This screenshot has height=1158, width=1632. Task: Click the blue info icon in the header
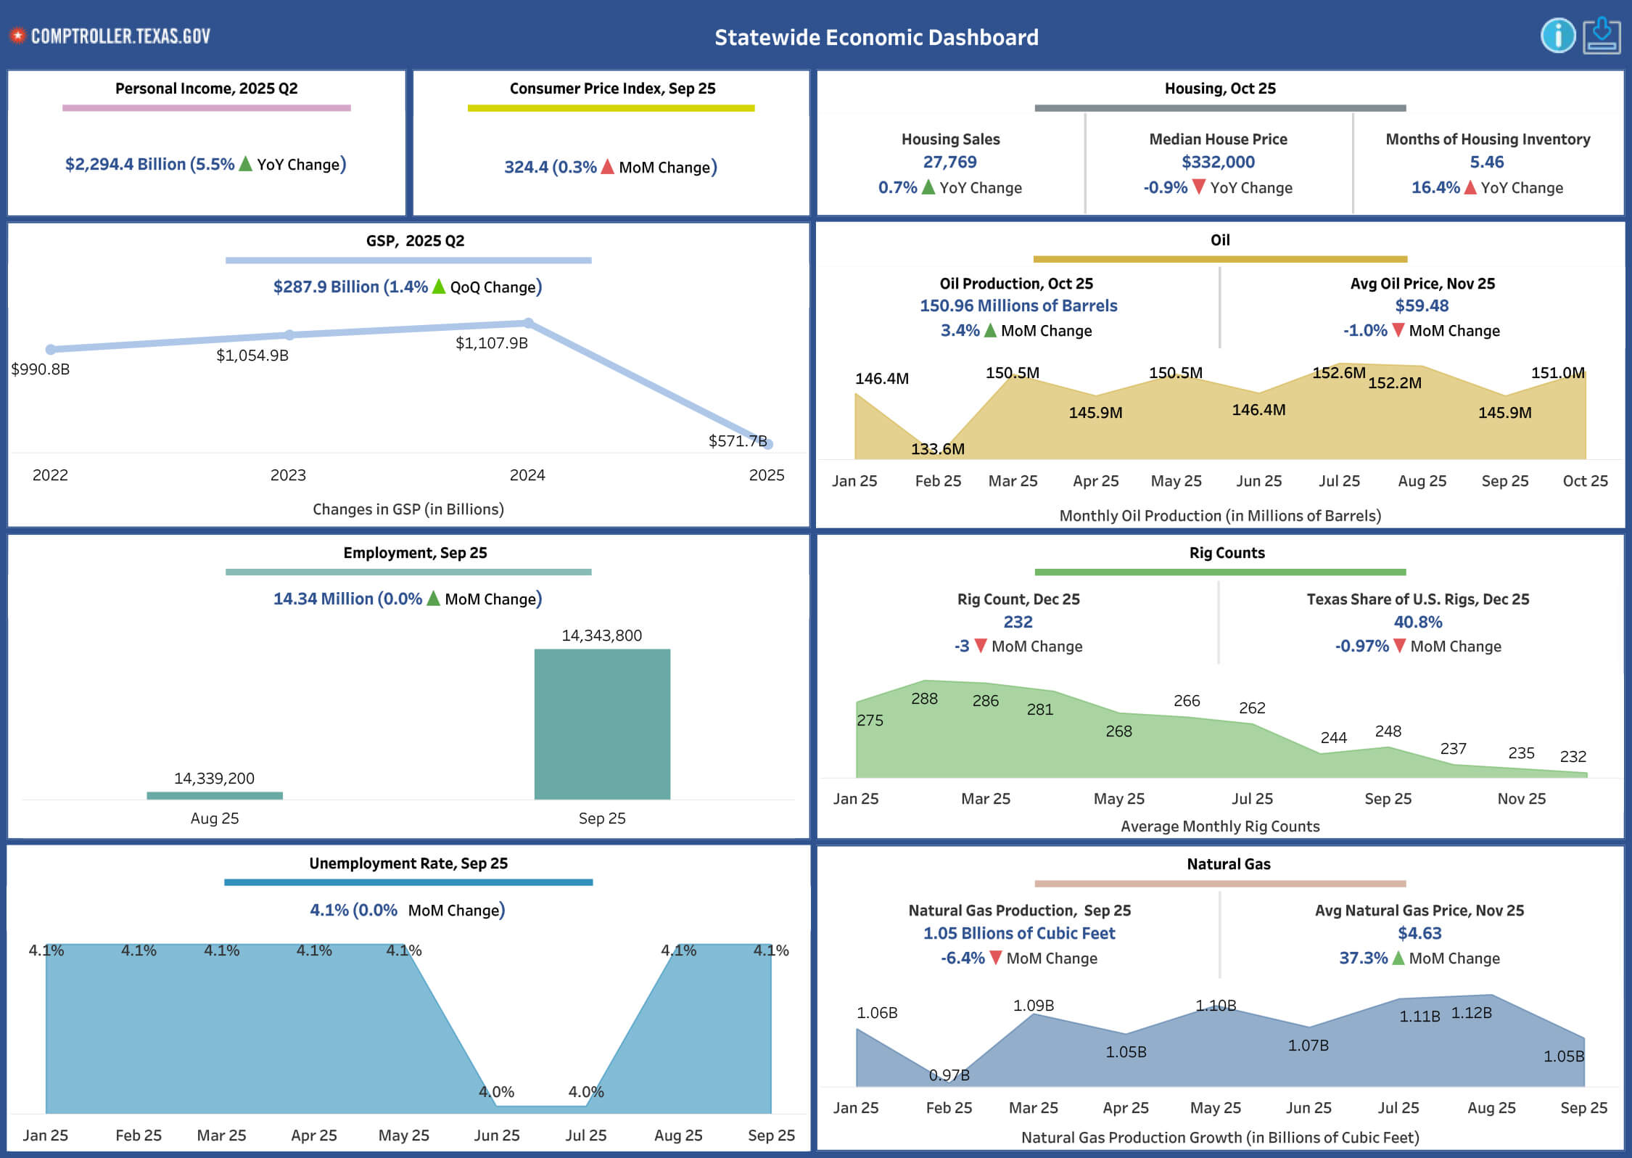point(1557,36)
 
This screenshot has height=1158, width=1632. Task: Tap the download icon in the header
point(1602,36)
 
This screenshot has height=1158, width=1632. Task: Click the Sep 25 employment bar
point(602,723)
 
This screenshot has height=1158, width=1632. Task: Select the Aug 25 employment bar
point(214,795)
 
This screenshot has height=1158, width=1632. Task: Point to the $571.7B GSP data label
point(737,441)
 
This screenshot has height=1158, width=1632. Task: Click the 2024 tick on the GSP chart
point(527,475)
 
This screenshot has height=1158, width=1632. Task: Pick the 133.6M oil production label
point(937,449)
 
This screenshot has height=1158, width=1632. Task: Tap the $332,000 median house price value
point(1218,162)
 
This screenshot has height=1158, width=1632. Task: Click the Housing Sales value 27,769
point(949,162)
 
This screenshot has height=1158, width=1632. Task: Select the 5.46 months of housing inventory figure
point(1487,162)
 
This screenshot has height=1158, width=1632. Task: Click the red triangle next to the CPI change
point(608,167)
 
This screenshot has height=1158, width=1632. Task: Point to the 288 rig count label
point(924,699)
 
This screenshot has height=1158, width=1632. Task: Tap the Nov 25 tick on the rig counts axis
point(1521,799)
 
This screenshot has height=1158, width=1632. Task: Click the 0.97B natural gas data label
point(949,1075)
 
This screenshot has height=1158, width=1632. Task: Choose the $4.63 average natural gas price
point(1419,933)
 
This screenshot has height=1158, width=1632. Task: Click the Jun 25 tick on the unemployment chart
point(497,1136)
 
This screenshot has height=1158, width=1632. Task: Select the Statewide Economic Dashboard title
point(876,37)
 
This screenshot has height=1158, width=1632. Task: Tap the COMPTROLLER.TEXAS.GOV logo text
point(120,36)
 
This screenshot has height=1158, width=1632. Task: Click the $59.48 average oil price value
point(1422,306)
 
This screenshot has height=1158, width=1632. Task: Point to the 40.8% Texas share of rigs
point(1418,622)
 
